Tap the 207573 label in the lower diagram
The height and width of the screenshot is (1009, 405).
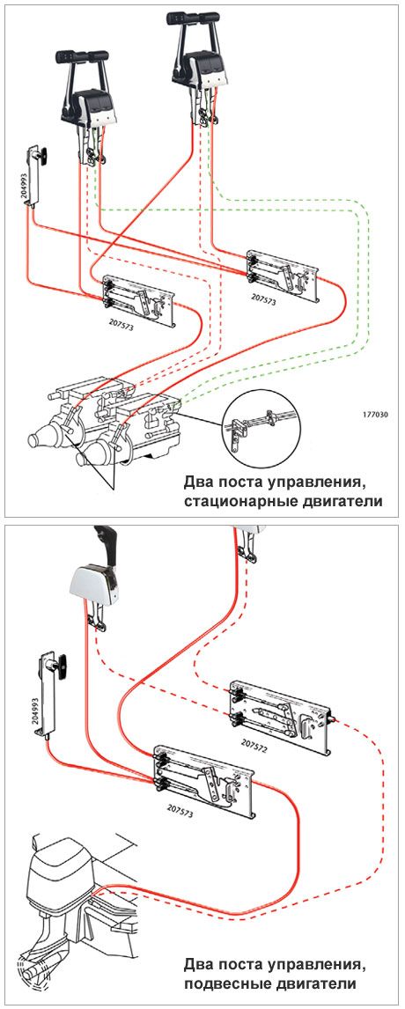(180, 811)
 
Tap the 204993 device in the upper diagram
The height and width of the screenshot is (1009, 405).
(36, 176)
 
